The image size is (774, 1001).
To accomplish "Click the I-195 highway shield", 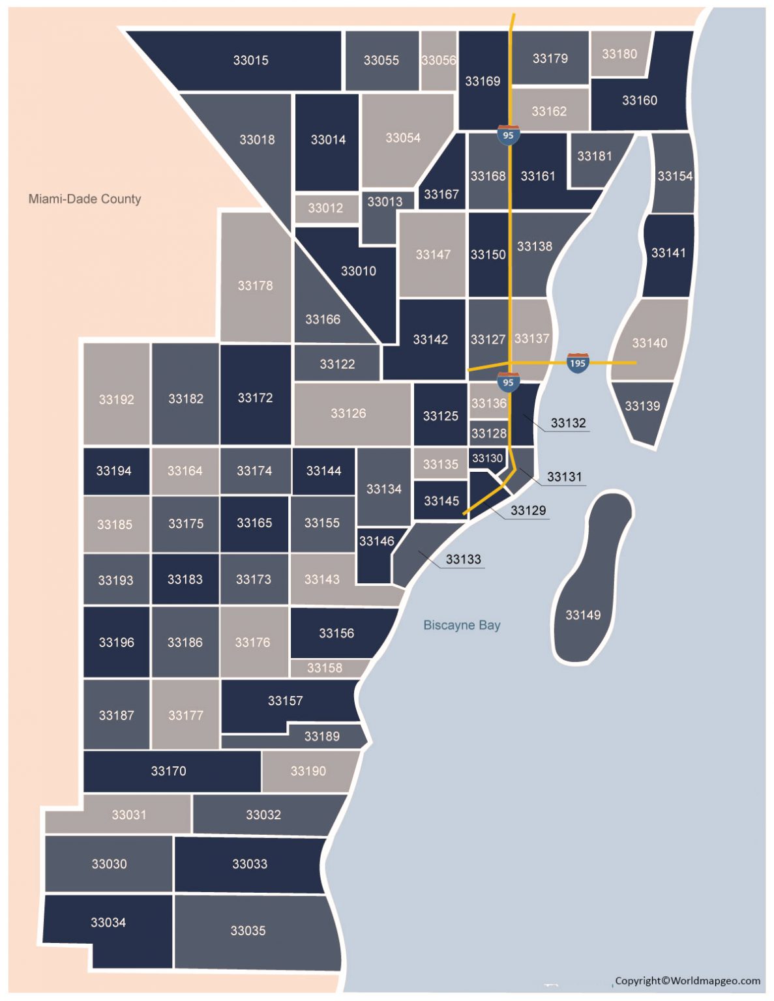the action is (578, 363).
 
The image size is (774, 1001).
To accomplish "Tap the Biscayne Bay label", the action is (462, 625).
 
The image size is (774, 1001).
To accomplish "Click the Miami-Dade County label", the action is (85, 199).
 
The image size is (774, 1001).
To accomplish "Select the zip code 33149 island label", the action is (583, 615).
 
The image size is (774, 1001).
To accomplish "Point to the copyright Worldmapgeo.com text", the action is (687, 980).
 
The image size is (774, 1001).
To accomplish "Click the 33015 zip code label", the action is (251, 60).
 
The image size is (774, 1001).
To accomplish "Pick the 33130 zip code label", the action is (487, 458).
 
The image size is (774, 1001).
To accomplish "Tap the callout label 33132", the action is (568, 423).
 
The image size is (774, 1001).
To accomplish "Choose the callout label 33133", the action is (463, 559).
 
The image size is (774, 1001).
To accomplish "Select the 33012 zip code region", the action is (326, 208).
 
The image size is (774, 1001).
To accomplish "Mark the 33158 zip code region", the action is (325, 668).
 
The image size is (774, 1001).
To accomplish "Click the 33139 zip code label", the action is (642, 406).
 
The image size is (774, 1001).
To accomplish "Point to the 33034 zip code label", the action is (108, 922).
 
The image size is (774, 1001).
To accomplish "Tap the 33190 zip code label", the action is (308, 771).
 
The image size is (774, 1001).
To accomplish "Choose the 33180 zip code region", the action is (619, 54).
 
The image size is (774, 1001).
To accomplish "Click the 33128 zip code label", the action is (488, 433).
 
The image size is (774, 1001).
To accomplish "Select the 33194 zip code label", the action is (114, 471).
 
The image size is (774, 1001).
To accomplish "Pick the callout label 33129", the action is (528, 510).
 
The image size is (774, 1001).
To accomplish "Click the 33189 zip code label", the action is (322, 736).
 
